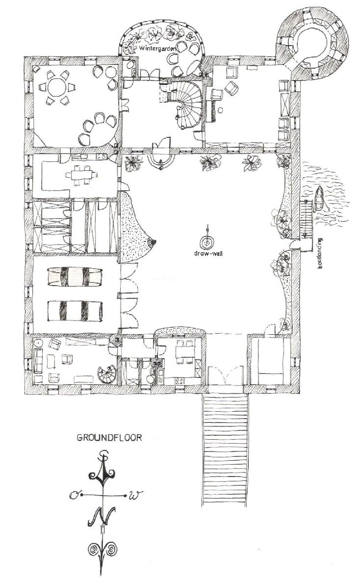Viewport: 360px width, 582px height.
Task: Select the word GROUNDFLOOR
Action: pos(109,438)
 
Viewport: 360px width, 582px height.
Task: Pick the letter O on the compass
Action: pos(74,495)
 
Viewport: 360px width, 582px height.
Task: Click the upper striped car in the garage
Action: pos(75,277)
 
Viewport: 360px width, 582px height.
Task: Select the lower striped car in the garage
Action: pos(75,311)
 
